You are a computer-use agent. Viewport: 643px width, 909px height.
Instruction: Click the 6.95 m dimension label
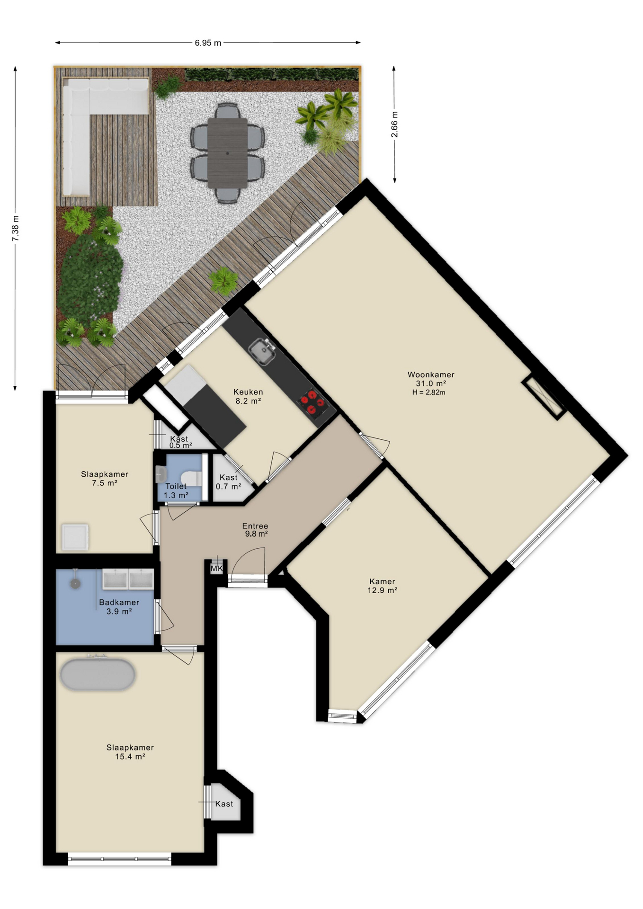point(208,43)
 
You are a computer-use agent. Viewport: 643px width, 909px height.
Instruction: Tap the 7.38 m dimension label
point(16,228)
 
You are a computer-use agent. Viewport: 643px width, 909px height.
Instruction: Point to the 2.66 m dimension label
point(394,125)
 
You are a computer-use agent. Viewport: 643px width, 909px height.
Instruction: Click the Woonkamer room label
point(431,374)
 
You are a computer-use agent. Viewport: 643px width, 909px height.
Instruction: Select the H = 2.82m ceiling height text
point(429,392)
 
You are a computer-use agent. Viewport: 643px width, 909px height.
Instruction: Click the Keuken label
point(248,392)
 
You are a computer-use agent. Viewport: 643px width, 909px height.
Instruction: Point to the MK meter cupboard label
point(216,569)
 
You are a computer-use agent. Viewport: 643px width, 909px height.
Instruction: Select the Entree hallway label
point(255,526)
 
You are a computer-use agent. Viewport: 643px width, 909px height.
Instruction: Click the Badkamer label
point(119,603)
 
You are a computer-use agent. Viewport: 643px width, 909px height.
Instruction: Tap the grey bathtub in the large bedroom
point(98,674)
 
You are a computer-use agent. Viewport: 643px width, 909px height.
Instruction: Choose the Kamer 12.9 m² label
point(382,586)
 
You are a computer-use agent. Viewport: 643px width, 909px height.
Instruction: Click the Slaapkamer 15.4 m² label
point(130,752)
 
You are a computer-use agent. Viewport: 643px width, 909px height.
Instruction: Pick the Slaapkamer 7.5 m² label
point(105,479)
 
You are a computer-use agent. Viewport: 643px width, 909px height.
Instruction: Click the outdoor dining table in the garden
point(228,152)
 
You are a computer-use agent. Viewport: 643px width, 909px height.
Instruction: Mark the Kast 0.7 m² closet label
point(229,482)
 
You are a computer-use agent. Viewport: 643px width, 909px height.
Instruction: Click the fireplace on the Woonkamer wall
point(544,399)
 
